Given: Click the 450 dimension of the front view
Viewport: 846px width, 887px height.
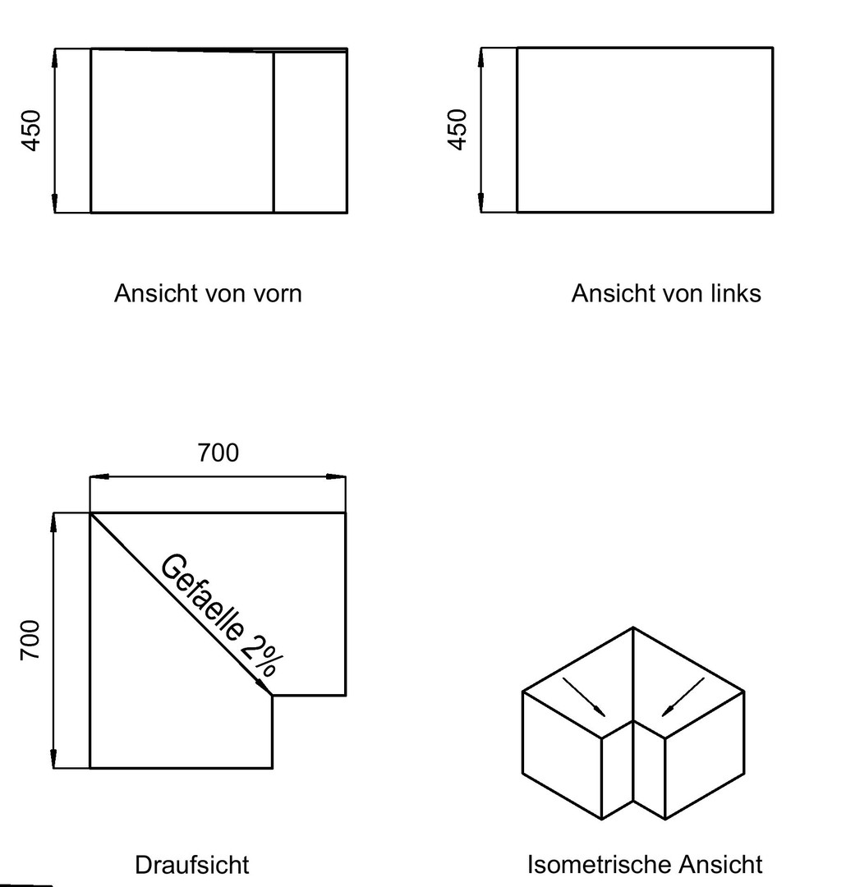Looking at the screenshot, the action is tap(31, 131).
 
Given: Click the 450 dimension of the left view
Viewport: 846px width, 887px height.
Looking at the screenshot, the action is tap(457, 130).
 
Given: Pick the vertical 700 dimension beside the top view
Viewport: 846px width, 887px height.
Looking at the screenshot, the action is tap(30, 640).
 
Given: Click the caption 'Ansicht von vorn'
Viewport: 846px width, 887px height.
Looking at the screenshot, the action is tap(208, 293).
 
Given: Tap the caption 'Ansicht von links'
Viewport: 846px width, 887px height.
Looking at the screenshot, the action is tap(666, 293).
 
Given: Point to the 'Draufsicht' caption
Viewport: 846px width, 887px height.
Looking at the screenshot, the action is tap(192, 865).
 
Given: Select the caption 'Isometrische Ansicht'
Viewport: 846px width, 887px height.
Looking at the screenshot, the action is tap(645, 864).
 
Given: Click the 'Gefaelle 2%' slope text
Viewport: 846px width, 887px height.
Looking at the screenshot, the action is tap(222, 615).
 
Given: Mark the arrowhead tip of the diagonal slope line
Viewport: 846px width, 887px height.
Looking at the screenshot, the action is tap(272, 696).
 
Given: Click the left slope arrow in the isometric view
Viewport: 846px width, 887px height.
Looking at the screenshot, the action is tap(584, 697).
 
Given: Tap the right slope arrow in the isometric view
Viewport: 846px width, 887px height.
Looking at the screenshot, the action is tap(683, 697).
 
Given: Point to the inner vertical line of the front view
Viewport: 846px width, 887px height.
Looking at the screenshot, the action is tap(274, 132).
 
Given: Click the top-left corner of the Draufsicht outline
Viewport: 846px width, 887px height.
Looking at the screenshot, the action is tap(90, 513).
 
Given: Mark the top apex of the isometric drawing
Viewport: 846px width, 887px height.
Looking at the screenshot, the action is tap(633, 627).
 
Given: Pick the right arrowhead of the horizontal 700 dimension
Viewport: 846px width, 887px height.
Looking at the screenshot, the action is tap(336, 477).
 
